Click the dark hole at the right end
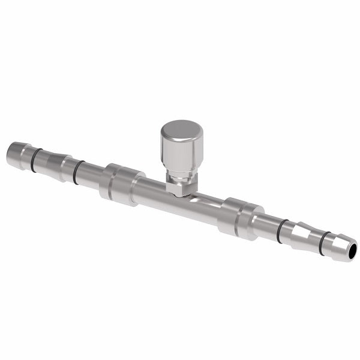pos(351,250)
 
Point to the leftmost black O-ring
pos(36,159)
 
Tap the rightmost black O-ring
pos(324,242)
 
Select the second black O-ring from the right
pos(281,230)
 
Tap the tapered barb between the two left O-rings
pos(57,166)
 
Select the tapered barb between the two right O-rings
pos(303,236)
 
